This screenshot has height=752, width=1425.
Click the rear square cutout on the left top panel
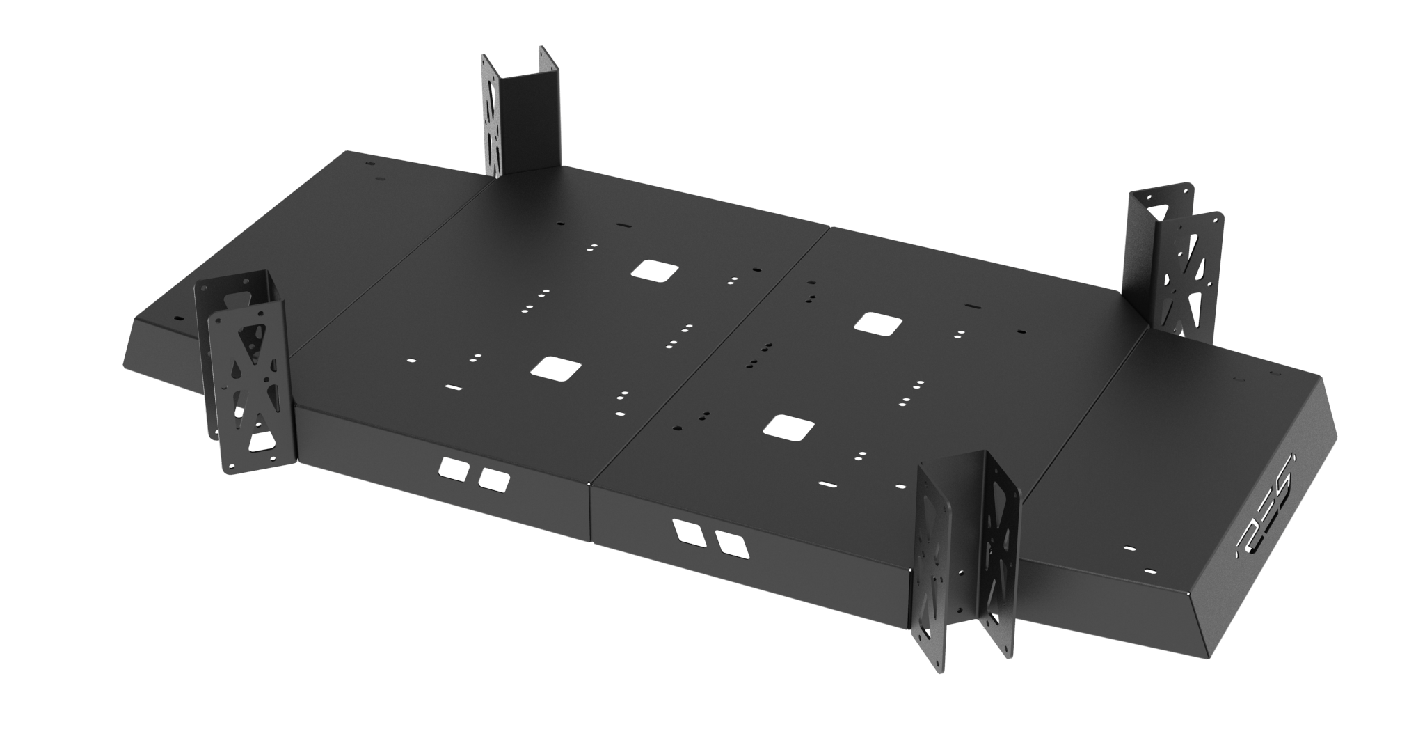[x=655, y=270]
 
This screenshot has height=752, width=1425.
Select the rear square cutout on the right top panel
[x=878, y=322]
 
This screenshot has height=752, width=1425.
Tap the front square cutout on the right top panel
[x=788, y=427]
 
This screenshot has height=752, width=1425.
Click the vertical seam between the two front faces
[x=589, y=508]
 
